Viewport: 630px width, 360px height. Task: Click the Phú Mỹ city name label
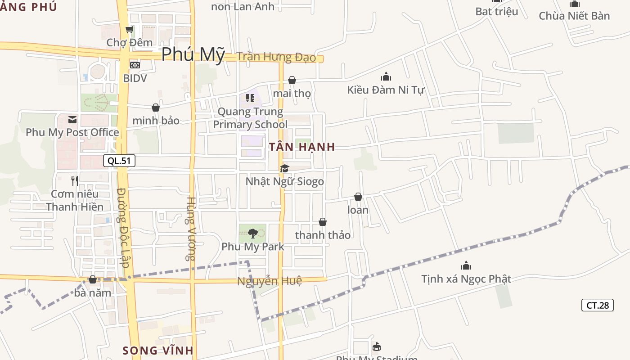[193, 54]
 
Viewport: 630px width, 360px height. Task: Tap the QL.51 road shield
[119, 161]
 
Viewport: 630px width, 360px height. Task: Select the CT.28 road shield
[597, 305]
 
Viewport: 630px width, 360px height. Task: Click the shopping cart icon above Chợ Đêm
[130, 30]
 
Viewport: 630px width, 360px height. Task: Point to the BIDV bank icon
[135, 65]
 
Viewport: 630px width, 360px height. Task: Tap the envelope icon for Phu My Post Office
[72, 119]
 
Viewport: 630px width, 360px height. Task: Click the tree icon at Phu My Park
[252, 233]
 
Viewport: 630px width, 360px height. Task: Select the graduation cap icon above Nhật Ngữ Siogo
[284, 168]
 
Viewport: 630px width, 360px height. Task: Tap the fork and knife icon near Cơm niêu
[75, 181]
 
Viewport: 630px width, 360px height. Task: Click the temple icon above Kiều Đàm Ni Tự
[386, 77]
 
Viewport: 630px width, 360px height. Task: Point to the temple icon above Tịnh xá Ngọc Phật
[466, 265]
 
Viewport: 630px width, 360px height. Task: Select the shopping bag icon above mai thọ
[292, 81]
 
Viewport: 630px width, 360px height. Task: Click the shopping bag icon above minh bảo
[156, 108]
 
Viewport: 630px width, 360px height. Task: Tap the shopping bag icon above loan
[358, 197]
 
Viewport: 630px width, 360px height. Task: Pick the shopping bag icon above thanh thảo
[323, 222]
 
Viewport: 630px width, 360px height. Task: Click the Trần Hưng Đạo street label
[276, 57]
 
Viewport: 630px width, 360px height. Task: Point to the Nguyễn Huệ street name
[270, 281]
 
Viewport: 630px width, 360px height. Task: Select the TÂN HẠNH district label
[302, 147]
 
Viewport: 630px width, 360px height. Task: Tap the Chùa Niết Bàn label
[574, 16]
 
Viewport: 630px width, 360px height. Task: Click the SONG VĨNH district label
[158, 350]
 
